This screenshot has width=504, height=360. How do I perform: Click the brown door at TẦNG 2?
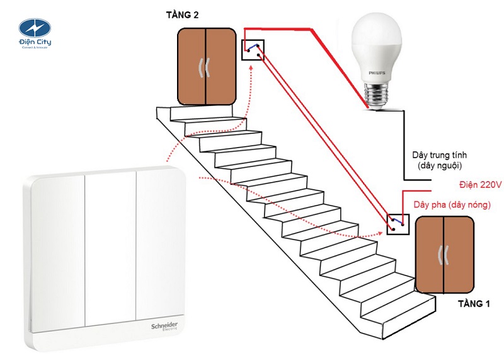coord(206,66)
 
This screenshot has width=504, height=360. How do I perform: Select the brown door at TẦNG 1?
coord(444,255)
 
